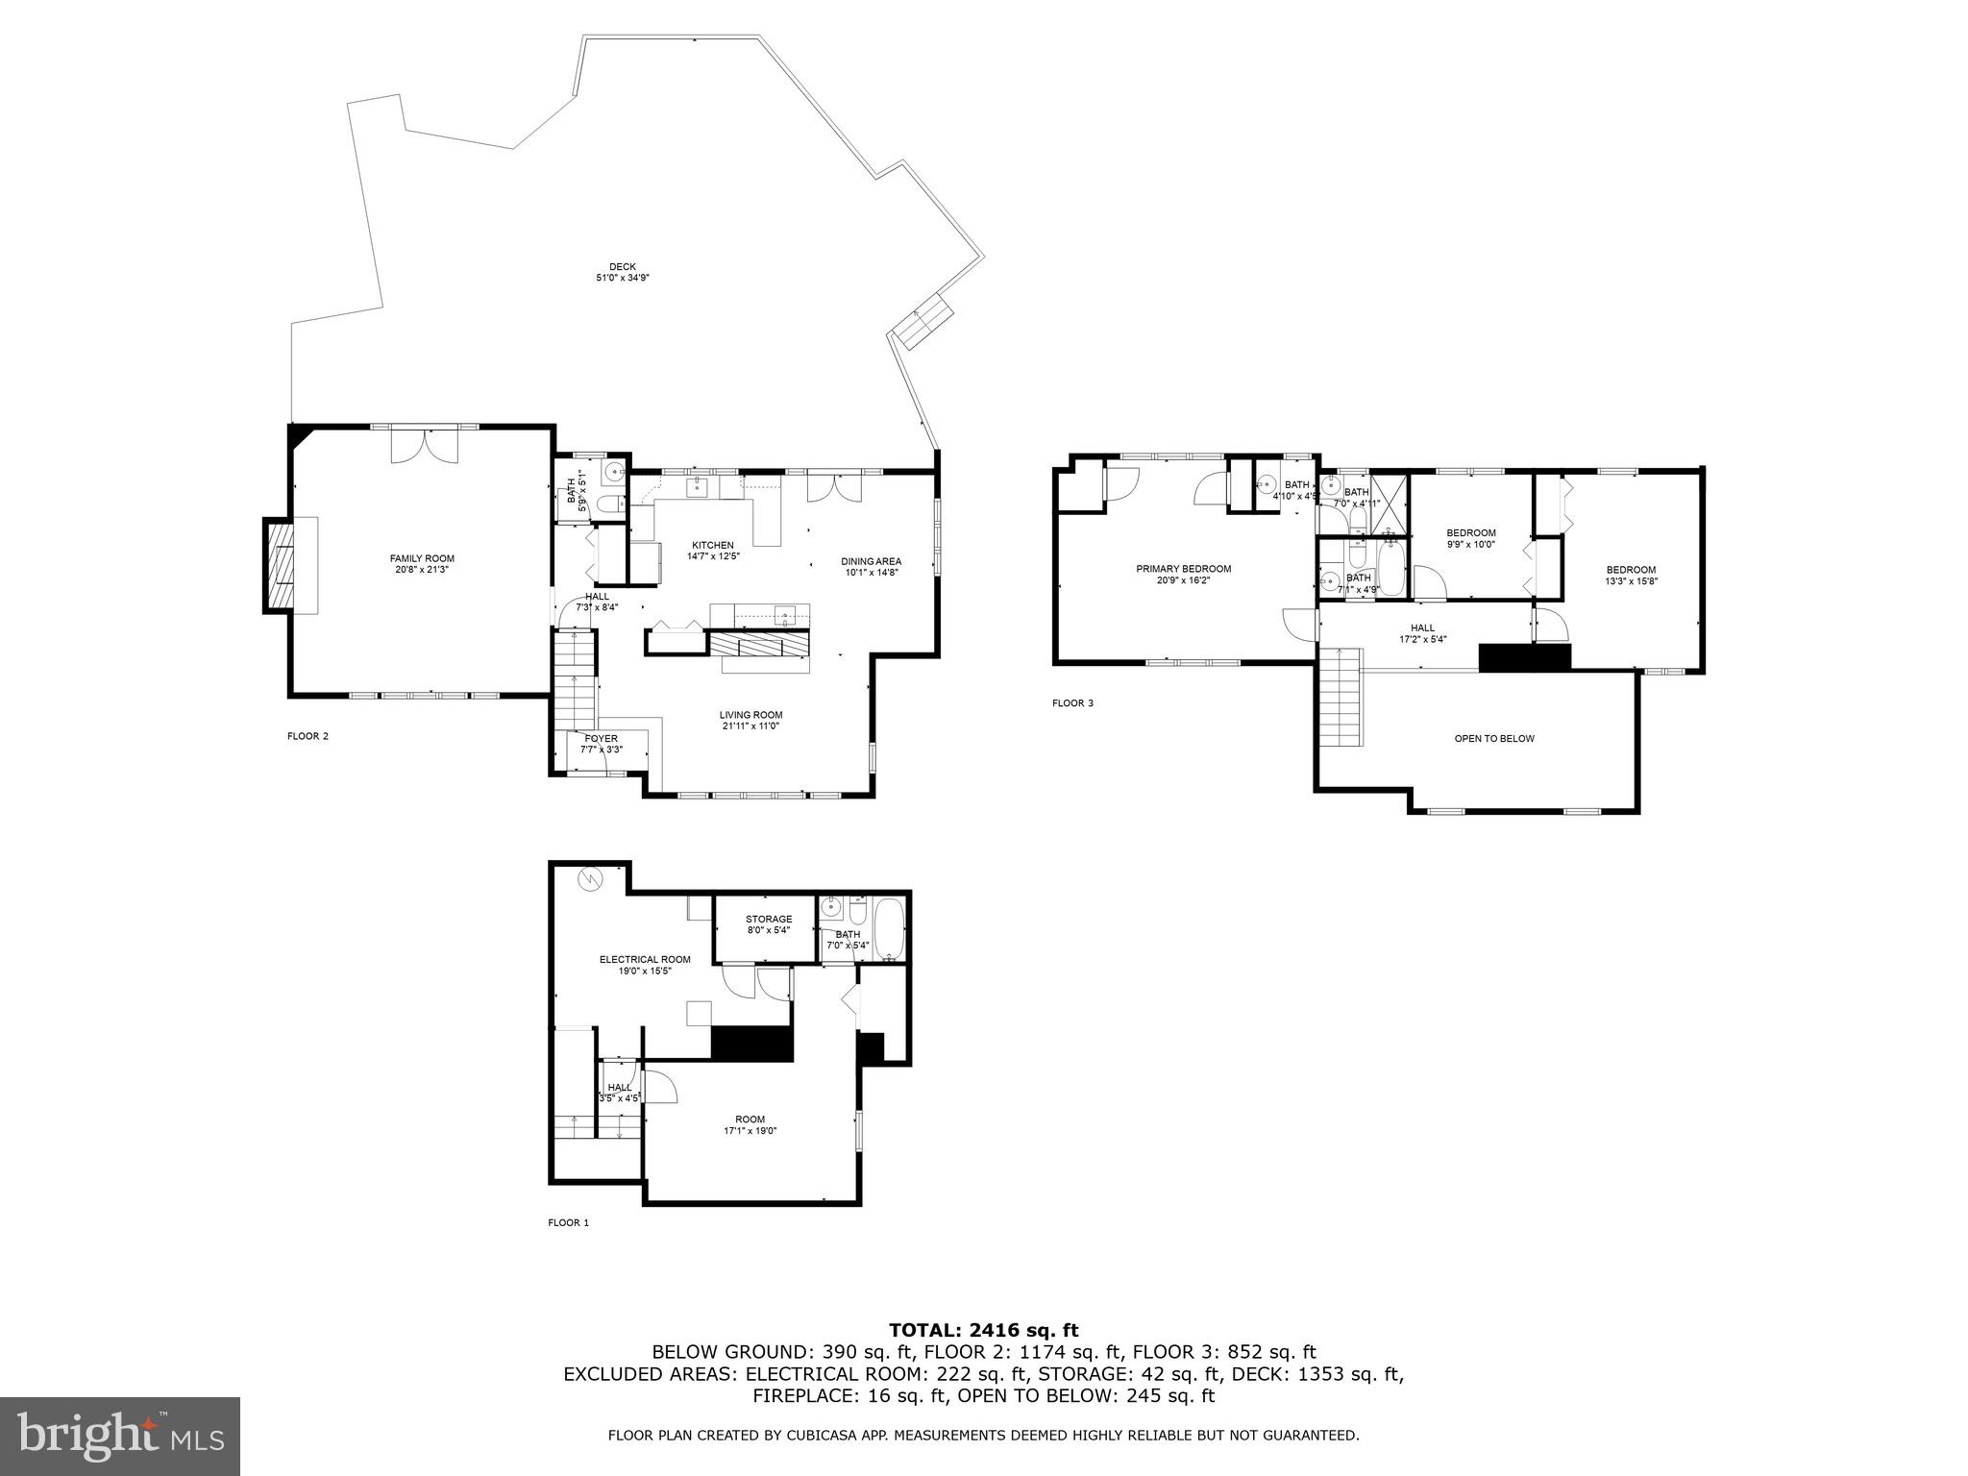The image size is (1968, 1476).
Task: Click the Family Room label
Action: pos(422,558)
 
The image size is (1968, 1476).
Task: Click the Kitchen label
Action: pos(713,545)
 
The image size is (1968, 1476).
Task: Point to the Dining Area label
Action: pos(871,561)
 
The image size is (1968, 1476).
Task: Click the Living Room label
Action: pos(750,715)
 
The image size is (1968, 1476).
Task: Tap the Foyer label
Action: pos(602,738)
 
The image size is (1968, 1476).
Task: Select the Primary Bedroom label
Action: pos(1183,569)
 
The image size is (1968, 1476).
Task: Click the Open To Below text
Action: pos(1493,739)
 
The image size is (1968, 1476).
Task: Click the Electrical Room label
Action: pos(645,959)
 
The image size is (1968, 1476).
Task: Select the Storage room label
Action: pos(769,920)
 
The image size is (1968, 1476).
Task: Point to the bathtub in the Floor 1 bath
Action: pos(890,929)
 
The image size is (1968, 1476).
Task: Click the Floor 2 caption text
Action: pos(307,736)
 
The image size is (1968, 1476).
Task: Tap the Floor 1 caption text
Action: pos(568,1223)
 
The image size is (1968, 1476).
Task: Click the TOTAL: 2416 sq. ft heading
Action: pos(983,1330)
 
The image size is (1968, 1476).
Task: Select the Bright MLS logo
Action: pos(120,1437)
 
